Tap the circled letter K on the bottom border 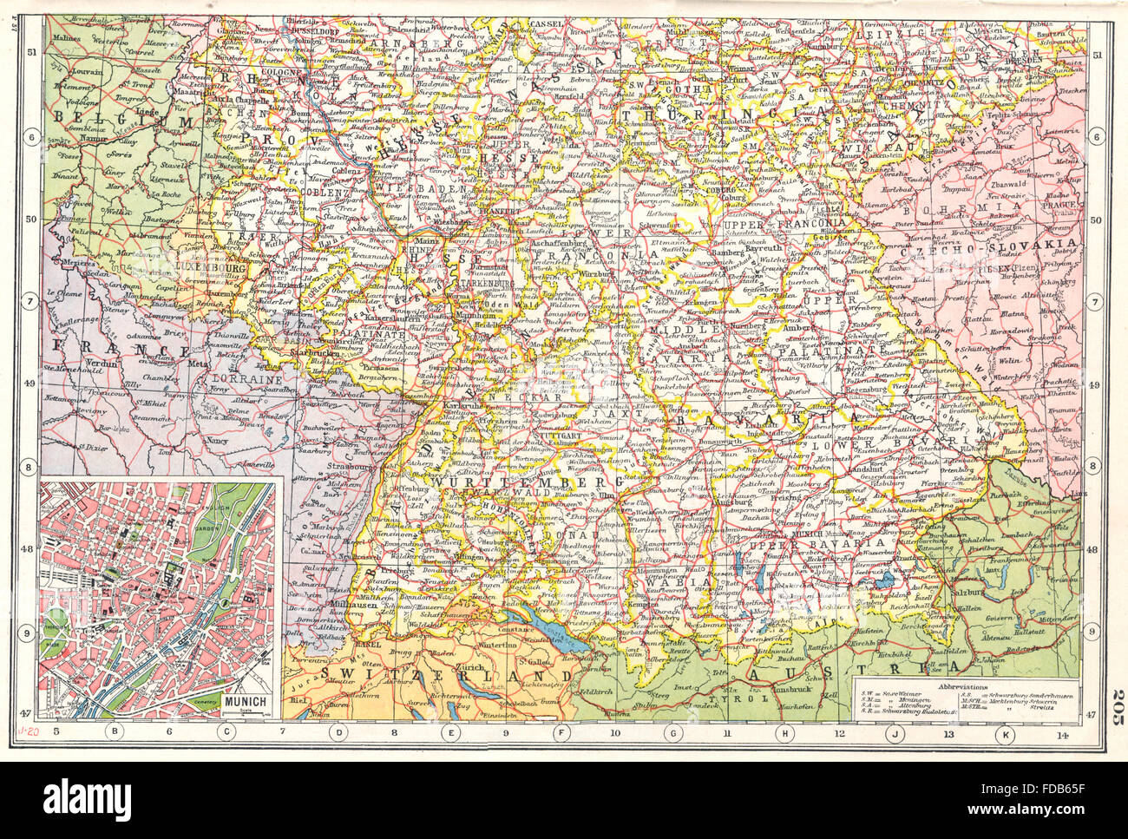tap(1006, 735)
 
